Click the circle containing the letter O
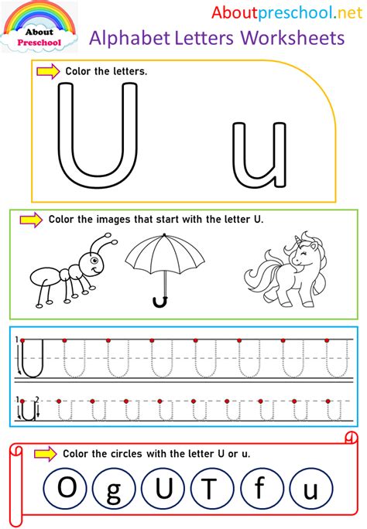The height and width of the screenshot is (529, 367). pos(67,490)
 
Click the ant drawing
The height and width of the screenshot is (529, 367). pos(70,271)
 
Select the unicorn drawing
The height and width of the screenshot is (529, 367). pos(276,267)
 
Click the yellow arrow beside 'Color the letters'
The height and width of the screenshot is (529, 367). pos(47,71)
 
